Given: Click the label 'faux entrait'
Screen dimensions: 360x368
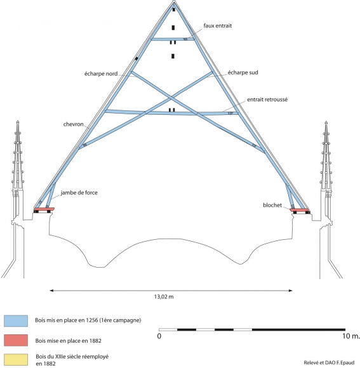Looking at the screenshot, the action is pyautogui.click(x=217, y=25).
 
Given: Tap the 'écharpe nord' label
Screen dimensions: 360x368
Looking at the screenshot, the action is pyautogui.click(x=101, y=74).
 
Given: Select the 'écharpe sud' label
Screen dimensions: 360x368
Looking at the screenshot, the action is pyautogui.click(x=243, y=72).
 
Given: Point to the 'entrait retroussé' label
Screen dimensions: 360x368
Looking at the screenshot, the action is pyautogui.click(x=267, y=100).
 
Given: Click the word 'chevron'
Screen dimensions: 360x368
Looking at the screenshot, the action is pyautogui.click(x=73, y=124).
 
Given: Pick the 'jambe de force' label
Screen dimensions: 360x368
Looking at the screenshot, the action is pyautogui.click(x=79, y=193).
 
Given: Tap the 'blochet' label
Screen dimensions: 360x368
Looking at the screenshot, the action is pyautogui.click(x=272, y=205).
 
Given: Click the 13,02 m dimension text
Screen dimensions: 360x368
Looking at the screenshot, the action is pyautogui.click(x=164, y=297).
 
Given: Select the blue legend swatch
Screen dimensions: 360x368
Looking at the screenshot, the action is pyautogui.click(x=16, y=321).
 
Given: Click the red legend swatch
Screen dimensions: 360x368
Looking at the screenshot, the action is pyautogui.click(x=16, y=340).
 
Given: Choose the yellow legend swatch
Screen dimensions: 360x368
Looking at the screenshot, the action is pyautogui.click(x=16, y=360).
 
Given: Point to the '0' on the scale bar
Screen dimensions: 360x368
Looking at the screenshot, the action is pyautogui.click(x=159, y=336).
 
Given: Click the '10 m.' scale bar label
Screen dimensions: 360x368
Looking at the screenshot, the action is pyautogui.click(x=351, y=336).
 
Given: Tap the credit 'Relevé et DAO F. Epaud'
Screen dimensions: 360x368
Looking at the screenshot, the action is pyautogui.click(x=329, y=362).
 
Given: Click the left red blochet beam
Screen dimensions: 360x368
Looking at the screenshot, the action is pyautogui.click(x=44, y=209).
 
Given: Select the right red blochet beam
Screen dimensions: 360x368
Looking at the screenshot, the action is pyautogui.click(x=300, y=210).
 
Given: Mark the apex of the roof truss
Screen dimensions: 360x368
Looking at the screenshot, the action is pyautogui.click(x=174, y=1).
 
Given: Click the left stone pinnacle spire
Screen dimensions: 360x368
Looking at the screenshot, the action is pyautogui.click(x=18, y=155).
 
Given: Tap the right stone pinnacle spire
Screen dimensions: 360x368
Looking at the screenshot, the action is pyautogui.click(x=326, y=155).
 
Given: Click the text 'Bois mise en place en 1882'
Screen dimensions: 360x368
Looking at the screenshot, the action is pyautogui.click(x=69, y=341).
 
